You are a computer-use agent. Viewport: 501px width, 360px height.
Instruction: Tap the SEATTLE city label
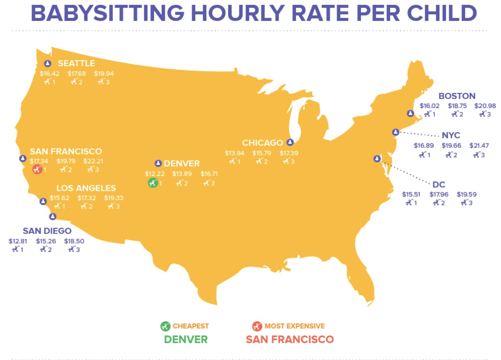pyautogui.click(x=76, y=63)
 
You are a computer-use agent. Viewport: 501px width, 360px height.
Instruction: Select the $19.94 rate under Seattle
pyautogui.click(x=104, y=73)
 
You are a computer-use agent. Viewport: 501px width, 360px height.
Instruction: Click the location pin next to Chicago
pyautogui.click(x=290, y=142)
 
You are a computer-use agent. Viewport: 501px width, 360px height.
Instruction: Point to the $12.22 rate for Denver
pyautogui.click(x=155, y=174)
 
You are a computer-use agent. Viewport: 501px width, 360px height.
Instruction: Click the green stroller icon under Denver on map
pyautogui.click(x=152, y=183)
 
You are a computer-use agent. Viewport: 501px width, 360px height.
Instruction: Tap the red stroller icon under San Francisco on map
pyautogui.click(x=37, y=170)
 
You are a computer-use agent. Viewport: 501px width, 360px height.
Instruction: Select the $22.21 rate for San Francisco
pyautogui.click(x=93, y=161)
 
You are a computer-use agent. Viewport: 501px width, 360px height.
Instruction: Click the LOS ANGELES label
pyautogui.click(x=86, y=188)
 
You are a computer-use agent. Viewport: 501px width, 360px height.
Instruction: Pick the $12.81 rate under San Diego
pyautogui.click(x=18, y=241)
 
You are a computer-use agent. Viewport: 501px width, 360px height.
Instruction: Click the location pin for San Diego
pyautogui.click(x=52, y=217)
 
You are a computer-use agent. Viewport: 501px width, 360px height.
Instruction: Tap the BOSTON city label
pyautogui.click(x=457, y=96)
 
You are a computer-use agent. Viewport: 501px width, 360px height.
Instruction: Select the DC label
pyautogui.click(x=439, y=184)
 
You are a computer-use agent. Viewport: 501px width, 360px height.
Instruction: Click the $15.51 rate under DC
pyautogui.click(x=411, y=194)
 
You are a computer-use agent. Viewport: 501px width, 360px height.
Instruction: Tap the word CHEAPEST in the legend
pyautogui.click(x=191, y=326)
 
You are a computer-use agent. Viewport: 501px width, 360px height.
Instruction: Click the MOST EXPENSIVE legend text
pyautogui.click(x=294, y=326)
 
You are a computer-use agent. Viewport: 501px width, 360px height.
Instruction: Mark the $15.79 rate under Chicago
pyautogui.click(x=262, y=153)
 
